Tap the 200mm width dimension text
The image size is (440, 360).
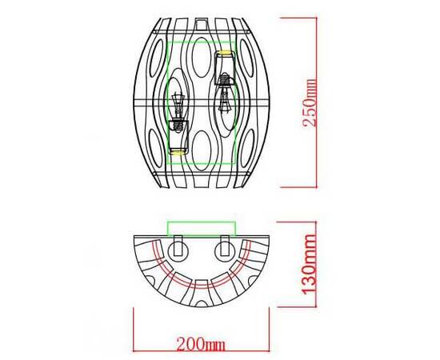coord(200,345)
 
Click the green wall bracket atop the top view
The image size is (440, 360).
coord(200,226)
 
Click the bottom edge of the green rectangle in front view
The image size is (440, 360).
coord(200,165)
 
